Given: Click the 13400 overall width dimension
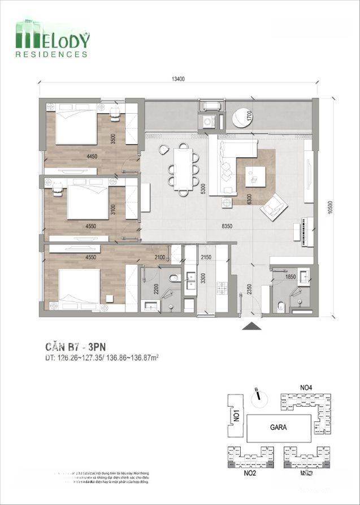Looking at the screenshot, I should pos(179,79).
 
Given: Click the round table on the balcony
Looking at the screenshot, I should pos(242,117).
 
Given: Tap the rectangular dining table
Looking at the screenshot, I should pos(183,168).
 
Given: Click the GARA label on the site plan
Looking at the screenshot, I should pos(277,427).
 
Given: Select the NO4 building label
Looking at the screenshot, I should pos(306,387).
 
